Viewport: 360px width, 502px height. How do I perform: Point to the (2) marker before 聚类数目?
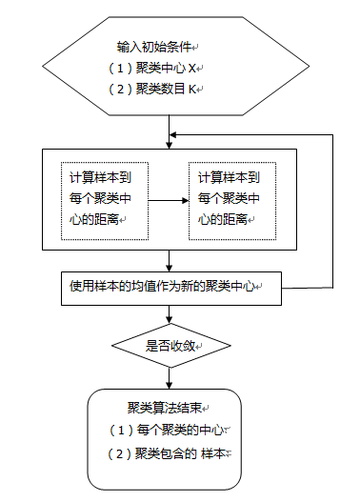(x=120, y=90)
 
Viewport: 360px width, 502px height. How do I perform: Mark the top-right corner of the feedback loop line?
(x=332, y=134)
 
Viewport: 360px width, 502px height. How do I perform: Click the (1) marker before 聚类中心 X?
(x=120, y=69)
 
